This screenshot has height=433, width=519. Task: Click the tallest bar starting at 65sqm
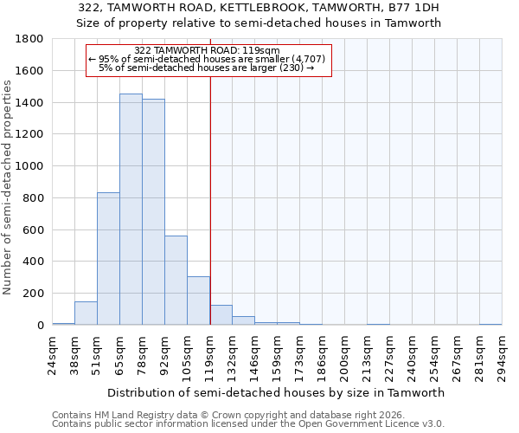(x=131, y=210)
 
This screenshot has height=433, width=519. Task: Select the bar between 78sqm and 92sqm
(x=153, y=212)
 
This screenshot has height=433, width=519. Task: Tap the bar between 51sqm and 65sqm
(x=108, y=259)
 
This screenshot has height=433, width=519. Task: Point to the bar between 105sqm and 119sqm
(x=198, y=301)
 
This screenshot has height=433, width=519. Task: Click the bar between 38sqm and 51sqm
(x=86, y=313)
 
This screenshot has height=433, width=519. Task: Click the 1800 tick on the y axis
(x=30, y=39)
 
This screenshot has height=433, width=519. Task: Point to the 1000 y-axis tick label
(x=30, y=166)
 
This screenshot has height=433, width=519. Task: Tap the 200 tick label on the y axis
(x=34, y=294)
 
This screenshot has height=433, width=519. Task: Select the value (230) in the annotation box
(x=291, y=67)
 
